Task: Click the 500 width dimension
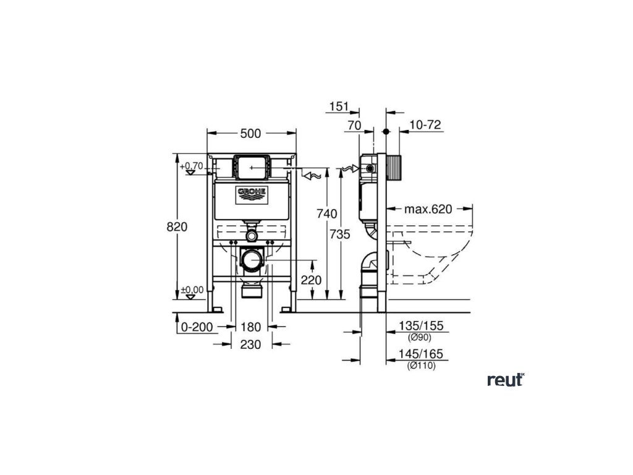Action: pos(251,134)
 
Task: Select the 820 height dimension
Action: pos(177,227)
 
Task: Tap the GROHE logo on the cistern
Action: pos(252,194)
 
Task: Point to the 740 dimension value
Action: pos(327,214)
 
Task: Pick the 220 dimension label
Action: pos(312,280)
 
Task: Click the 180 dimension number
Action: pos(251,327)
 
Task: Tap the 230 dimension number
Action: pos(251,344)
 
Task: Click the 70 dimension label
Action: pos(354,125)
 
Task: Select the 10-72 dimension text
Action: pos(425,125)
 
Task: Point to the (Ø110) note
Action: pos(422,366)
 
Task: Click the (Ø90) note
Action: pos(419,338)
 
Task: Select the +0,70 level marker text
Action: pos(192,166)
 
